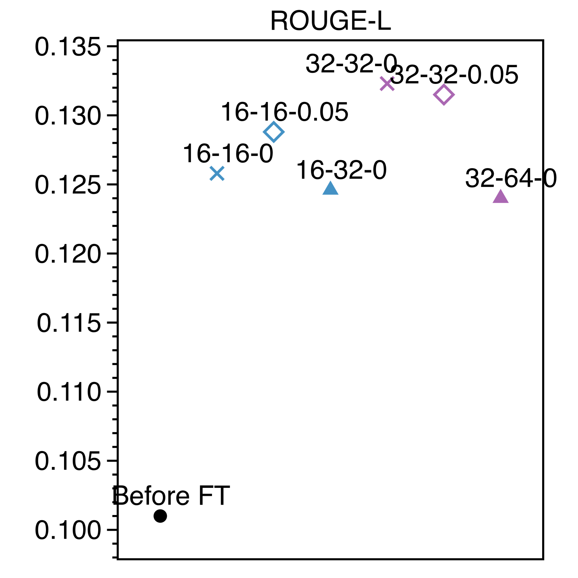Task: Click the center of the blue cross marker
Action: click(217, 173)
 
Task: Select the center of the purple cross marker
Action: click(387, 84)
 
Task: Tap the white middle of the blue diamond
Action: click(274, 132)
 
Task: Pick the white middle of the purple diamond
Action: click(444, 95)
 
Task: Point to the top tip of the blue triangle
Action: click(331, 181)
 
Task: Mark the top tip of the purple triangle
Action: click(500, 189)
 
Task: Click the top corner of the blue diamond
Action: click(274, 121)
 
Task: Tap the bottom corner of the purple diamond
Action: click(444, 105)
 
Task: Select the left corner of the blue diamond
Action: click(263, 132)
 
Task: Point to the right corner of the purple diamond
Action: click(454, 95)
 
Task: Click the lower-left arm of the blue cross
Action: click(211, 179)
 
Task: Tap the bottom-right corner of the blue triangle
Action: click(338, 194)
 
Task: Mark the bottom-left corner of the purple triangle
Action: click(493, 203)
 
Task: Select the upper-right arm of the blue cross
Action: click(223, 167)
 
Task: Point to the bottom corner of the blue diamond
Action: click(274, 143)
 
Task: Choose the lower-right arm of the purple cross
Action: click(393, 90)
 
